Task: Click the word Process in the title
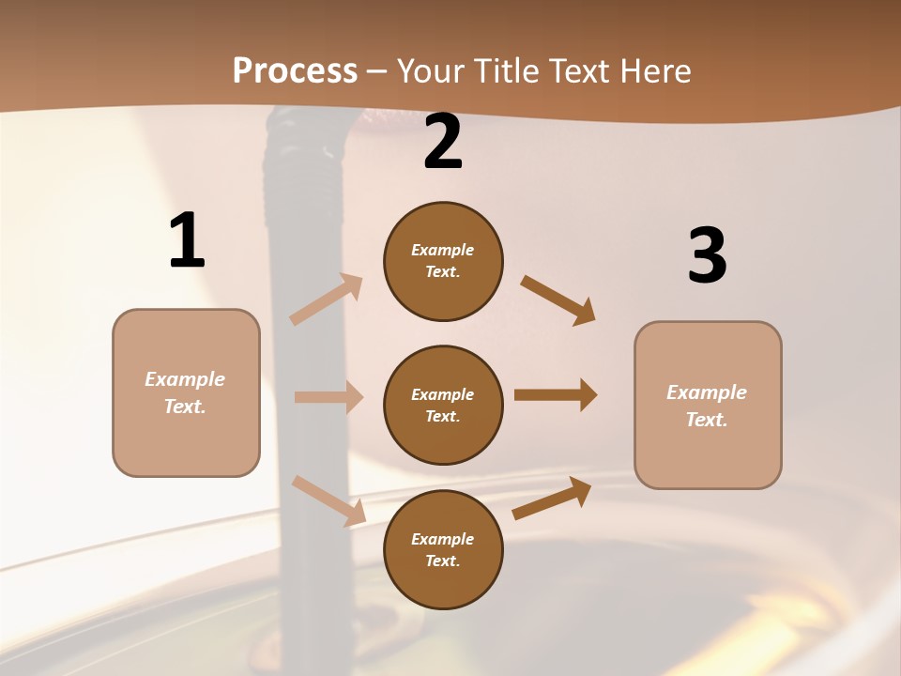(295, 71)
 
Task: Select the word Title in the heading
(504, 71)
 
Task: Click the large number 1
(187, 241)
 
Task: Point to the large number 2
(443, 143)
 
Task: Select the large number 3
(707, 256)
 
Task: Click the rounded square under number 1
(186, 392)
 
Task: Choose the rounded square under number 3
(708, 405)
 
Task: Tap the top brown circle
(443, 261)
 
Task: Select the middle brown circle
(443, 405)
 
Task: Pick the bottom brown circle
(443, 549)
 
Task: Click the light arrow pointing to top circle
(327, 300)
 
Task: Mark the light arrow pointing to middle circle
(328, 397)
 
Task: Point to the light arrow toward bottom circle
(328, 499)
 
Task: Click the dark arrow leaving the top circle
(558, 300)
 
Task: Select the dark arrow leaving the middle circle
(556, 395)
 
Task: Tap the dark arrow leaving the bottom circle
(552, 499)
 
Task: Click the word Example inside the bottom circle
(442, 539)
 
